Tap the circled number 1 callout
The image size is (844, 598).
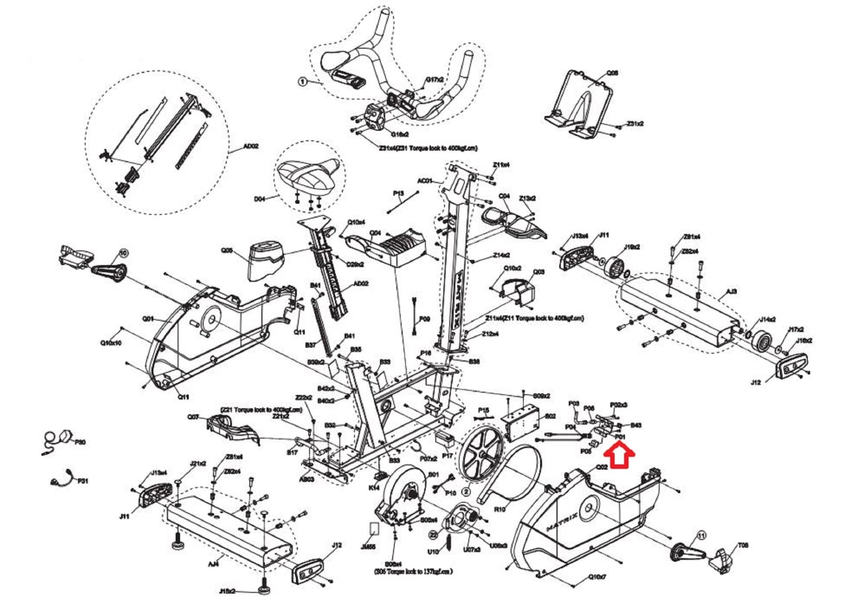pyautogui.click(x=302, y=82)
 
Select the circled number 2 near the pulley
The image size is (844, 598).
pyautogui.click(x=466, y=492)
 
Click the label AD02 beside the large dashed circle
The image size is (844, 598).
pyautogui.click(x=251, y=146)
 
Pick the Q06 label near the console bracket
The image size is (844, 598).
pyautogui.click(x=612, y=73)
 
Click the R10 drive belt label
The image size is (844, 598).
pyautogui.click(x=499, y=510)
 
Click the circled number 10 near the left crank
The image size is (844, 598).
pyautogui.click(x=123, y=252)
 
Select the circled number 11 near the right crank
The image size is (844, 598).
pyautogui.click(x=701, y=536)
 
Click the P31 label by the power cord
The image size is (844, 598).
pyautogui.click(x=82, y=481)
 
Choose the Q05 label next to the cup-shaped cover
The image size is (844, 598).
pyautogui.click(x=227, y=250)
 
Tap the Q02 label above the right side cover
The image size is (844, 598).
pyautogui.click(x=602, y=467)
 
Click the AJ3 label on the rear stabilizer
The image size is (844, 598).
pyautogui.click(x=731, y=292)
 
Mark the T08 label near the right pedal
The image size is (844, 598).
pyautogui.click(x=743, y=545)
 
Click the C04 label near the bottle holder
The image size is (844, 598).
pyautogui.click(x=504, y=196)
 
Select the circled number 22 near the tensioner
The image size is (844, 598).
pyautogui.click(x=433, y=535)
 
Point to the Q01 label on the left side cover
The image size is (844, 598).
pyautogui.click(x=148, y=319)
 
